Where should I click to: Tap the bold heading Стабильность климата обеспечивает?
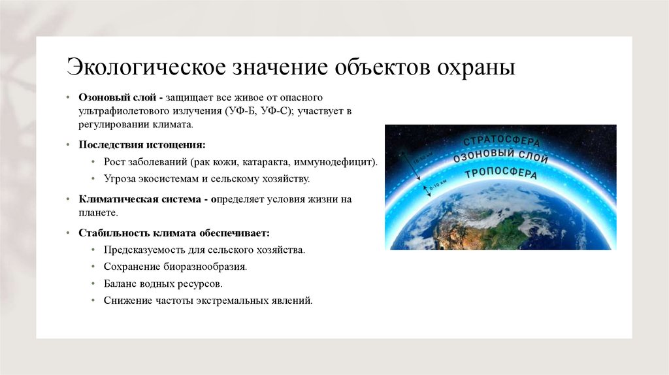(x=173, y=233)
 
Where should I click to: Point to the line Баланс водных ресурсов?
(x=163, y=284)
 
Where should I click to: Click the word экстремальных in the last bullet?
(x=227, y=301)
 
